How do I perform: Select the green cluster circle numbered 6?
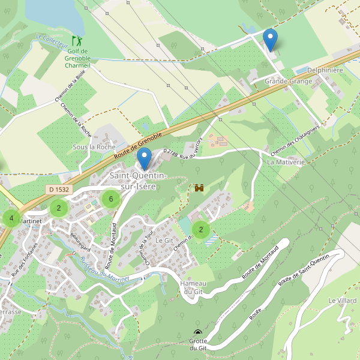point(110,199)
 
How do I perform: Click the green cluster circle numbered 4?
point(11,218)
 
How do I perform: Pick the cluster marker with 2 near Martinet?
point(58,209)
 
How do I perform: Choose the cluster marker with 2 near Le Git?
point(200,229)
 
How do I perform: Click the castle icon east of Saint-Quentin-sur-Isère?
point(199,188)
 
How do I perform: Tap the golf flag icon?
point(77,41)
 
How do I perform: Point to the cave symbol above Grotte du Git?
point(198,332)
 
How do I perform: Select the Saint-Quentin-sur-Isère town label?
point(139,181)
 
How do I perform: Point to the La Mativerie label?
point(286,162)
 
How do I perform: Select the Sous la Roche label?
point(94,147)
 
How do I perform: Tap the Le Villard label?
point(343,300)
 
